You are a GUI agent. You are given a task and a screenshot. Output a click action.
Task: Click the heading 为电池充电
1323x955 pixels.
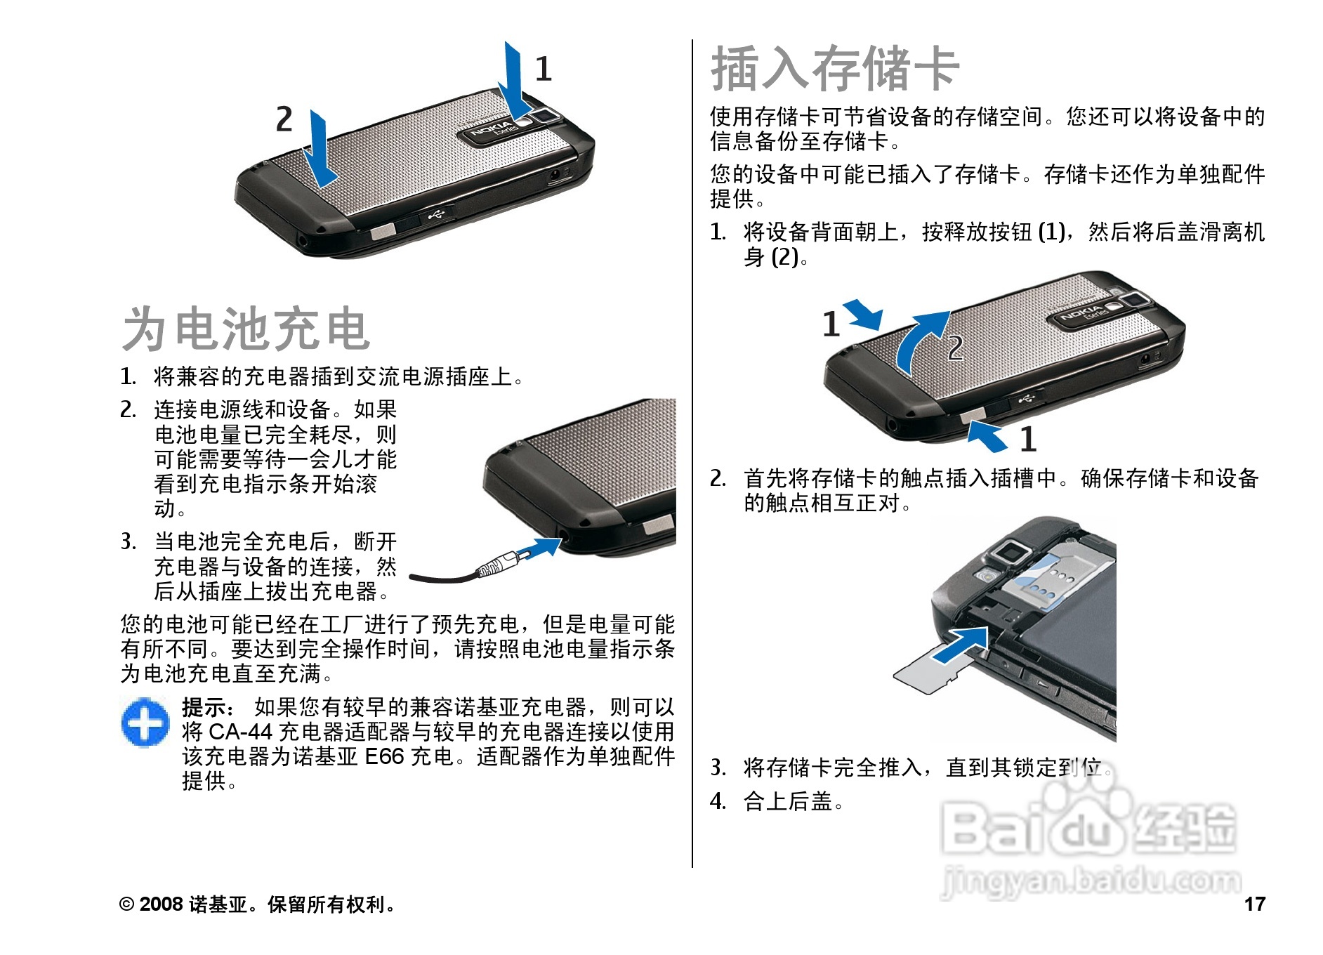[x=246, y=329]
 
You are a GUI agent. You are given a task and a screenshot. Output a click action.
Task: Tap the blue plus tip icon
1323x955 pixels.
[x=145, y=722]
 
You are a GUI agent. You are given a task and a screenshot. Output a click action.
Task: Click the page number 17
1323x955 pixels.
[x=1255, y=904]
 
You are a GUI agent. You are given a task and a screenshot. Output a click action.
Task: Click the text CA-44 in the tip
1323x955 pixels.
[x=241, y=732]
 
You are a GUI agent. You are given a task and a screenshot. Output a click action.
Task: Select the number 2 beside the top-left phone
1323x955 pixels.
[x=284, y=119]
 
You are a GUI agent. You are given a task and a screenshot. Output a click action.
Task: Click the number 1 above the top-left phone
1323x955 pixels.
[x=544, y=69]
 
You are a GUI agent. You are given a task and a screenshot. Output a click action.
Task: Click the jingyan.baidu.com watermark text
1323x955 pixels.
[x=1091, y=881]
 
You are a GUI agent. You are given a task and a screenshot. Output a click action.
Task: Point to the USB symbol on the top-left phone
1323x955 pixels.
[x=436, y=213]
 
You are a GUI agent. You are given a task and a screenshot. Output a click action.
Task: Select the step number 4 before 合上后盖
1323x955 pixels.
[x=717, y=801]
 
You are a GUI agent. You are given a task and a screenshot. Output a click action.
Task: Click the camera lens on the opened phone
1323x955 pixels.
[x=1008, y=552]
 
